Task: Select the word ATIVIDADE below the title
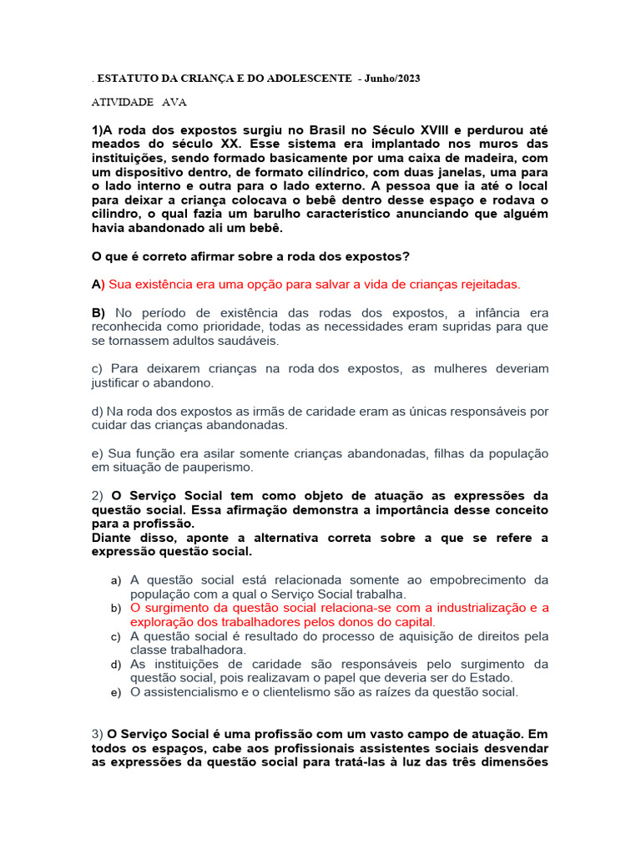pyautogui.click(x=122, y=102)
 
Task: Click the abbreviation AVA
pyautogui.click(x=174, y=102)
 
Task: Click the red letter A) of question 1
pyautogui.click(x=97, y=285)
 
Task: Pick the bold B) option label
pyautogui.click(x=98, y=313)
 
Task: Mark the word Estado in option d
pyautogui.click(x=497, y=678)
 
